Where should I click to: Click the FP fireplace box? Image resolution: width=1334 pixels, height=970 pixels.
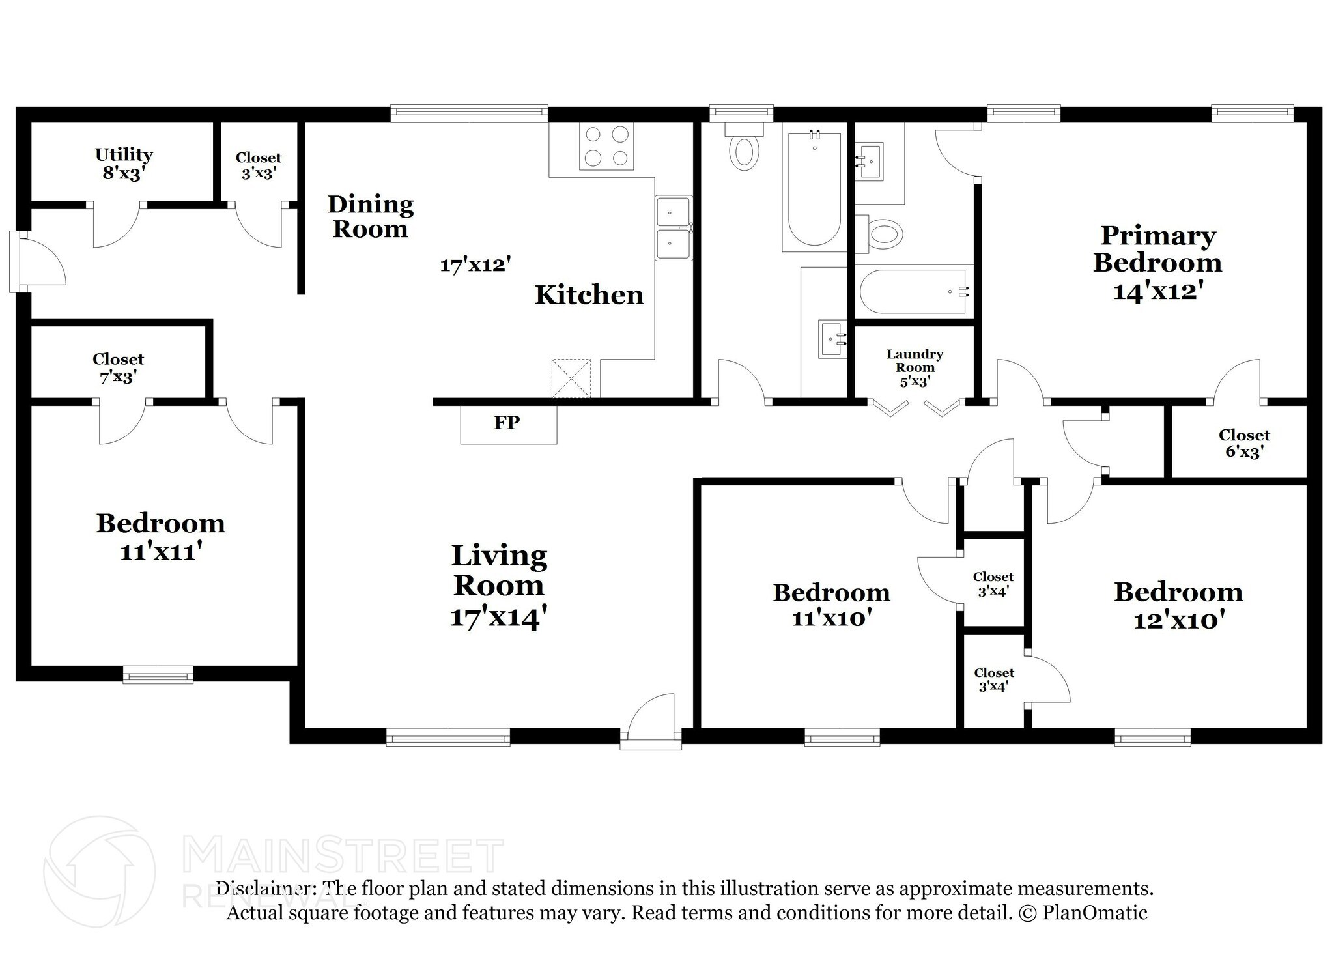(508, 424)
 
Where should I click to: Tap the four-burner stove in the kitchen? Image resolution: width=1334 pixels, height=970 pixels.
(606, 146)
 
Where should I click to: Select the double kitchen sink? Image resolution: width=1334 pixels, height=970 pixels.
(674, 228)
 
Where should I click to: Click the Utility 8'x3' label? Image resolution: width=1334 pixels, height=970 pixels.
(124, 164)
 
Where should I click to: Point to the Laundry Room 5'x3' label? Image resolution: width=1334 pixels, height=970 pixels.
(915, 367)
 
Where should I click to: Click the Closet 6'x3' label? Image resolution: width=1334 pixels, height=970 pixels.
(1244, 443)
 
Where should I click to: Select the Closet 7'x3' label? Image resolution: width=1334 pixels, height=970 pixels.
(118, 367)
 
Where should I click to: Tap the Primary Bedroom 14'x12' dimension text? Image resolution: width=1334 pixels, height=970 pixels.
(1157, 291)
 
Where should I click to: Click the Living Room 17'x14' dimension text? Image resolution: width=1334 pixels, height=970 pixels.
(498, 616)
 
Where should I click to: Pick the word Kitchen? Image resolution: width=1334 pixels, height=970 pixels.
(589, 295)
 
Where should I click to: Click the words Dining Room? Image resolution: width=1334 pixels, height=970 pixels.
(370, 216)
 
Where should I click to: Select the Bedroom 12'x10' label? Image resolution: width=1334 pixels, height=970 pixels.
(1178, 606)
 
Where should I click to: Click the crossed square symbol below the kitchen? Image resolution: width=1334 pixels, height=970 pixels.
(571, 378)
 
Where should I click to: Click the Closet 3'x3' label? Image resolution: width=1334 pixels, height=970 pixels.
(259, 165)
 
